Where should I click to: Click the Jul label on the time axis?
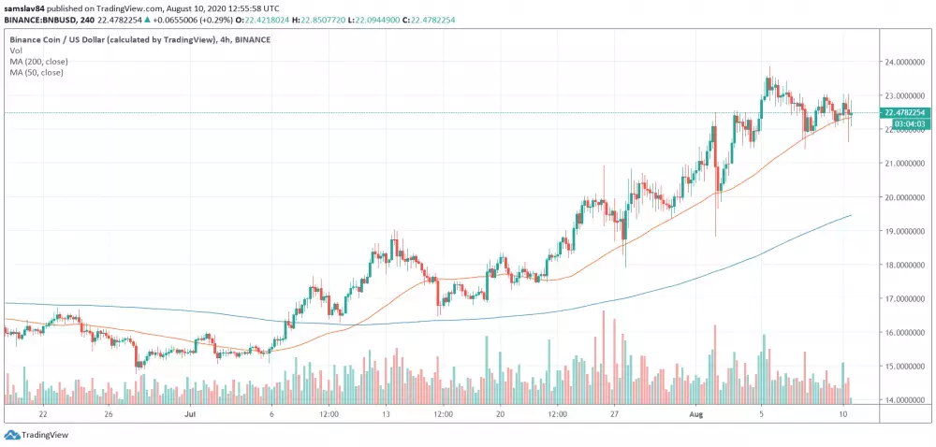point(190,412)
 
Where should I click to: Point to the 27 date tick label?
point(614,412)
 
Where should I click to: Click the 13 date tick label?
point(386,412)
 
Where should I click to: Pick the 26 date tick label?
point(109,412)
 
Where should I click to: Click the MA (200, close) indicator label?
point(37,63)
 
